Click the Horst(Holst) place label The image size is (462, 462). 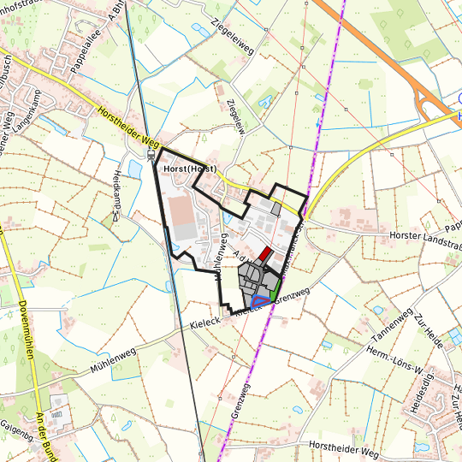point(189,170)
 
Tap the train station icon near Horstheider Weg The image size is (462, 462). point(151,156)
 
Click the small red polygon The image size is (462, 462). point(265,254)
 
